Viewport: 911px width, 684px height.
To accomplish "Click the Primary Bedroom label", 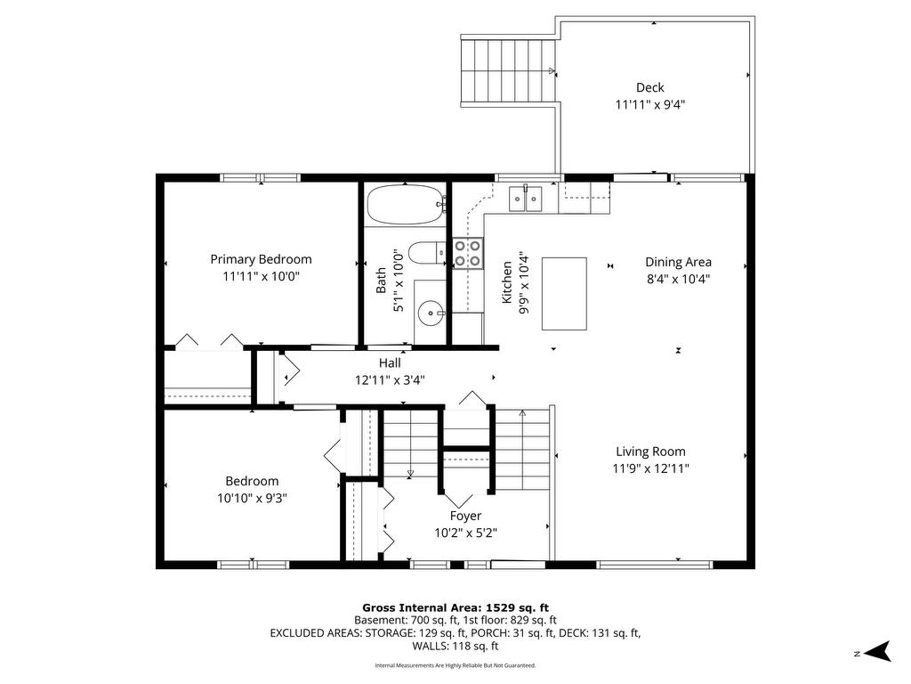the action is coord(261,259).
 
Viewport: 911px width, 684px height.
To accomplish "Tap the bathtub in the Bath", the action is coord(406,204).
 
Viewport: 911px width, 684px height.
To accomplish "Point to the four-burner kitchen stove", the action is coord(468,254).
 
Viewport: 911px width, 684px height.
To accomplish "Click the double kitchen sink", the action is coord(526,199).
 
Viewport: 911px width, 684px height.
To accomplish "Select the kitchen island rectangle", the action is coord(564,294).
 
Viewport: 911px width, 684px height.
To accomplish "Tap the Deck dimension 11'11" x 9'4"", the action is coord(650,105).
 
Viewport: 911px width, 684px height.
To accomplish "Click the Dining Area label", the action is coord(678,263).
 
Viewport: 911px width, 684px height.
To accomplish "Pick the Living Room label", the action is coord(650,452).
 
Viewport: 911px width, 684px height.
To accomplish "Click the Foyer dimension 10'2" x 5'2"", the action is coord(465,533).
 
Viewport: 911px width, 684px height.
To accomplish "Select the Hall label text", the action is coord(390,363).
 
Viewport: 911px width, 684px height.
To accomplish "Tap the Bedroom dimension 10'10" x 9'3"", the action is coord(252,498).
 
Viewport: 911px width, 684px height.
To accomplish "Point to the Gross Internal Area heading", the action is coord(455,608).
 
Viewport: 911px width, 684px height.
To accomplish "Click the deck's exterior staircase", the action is coord(508,70).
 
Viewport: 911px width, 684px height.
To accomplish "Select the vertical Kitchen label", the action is coord(506,282).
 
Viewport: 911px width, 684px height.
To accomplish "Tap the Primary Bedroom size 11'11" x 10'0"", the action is coord(261,276).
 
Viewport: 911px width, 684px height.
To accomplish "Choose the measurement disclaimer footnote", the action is coord(455,665).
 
